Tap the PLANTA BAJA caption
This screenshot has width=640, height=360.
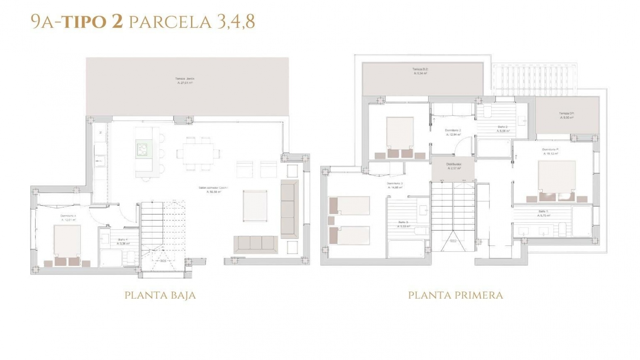160,295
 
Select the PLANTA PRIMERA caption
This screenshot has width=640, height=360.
455,295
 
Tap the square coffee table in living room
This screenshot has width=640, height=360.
255,206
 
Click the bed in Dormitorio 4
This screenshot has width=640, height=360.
67,243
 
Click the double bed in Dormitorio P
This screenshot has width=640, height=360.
557,180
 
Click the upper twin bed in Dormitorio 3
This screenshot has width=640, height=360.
349,205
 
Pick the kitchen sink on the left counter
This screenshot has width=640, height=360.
100,161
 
